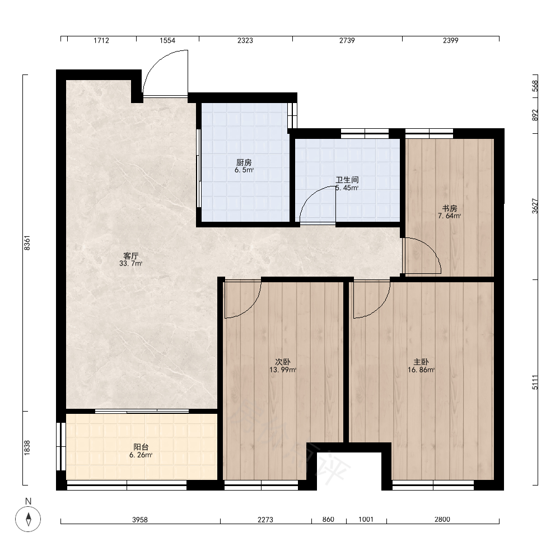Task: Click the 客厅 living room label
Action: click(130, 256)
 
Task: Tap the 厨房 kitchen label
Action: click(244, 162)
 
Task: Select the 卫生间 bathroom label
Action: click(347, 180)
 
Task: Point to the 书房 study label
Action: click(450, 208)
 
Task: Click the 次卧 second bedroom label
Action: click(282, 362)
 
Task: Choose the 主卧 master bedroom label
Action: click(421, 362)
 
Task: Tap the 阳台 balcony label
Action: click(141, 447)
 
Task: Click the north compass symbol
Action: click(28, 519)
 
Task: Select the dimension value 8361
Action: click(27, 243)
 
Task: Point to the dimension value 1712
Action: click(101, 40)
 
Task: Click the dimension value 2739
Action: click(347, 40)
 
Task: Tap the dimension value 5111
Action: click(535, 382)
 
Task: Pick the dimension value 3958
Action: click(140, 520)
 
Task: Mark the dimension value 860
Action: click(328, 520)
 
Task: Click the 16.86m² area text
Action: click(421, 370)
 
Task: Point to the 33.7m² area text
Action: click(130, 264)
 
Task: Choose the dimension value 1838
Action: click(27, 448)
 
